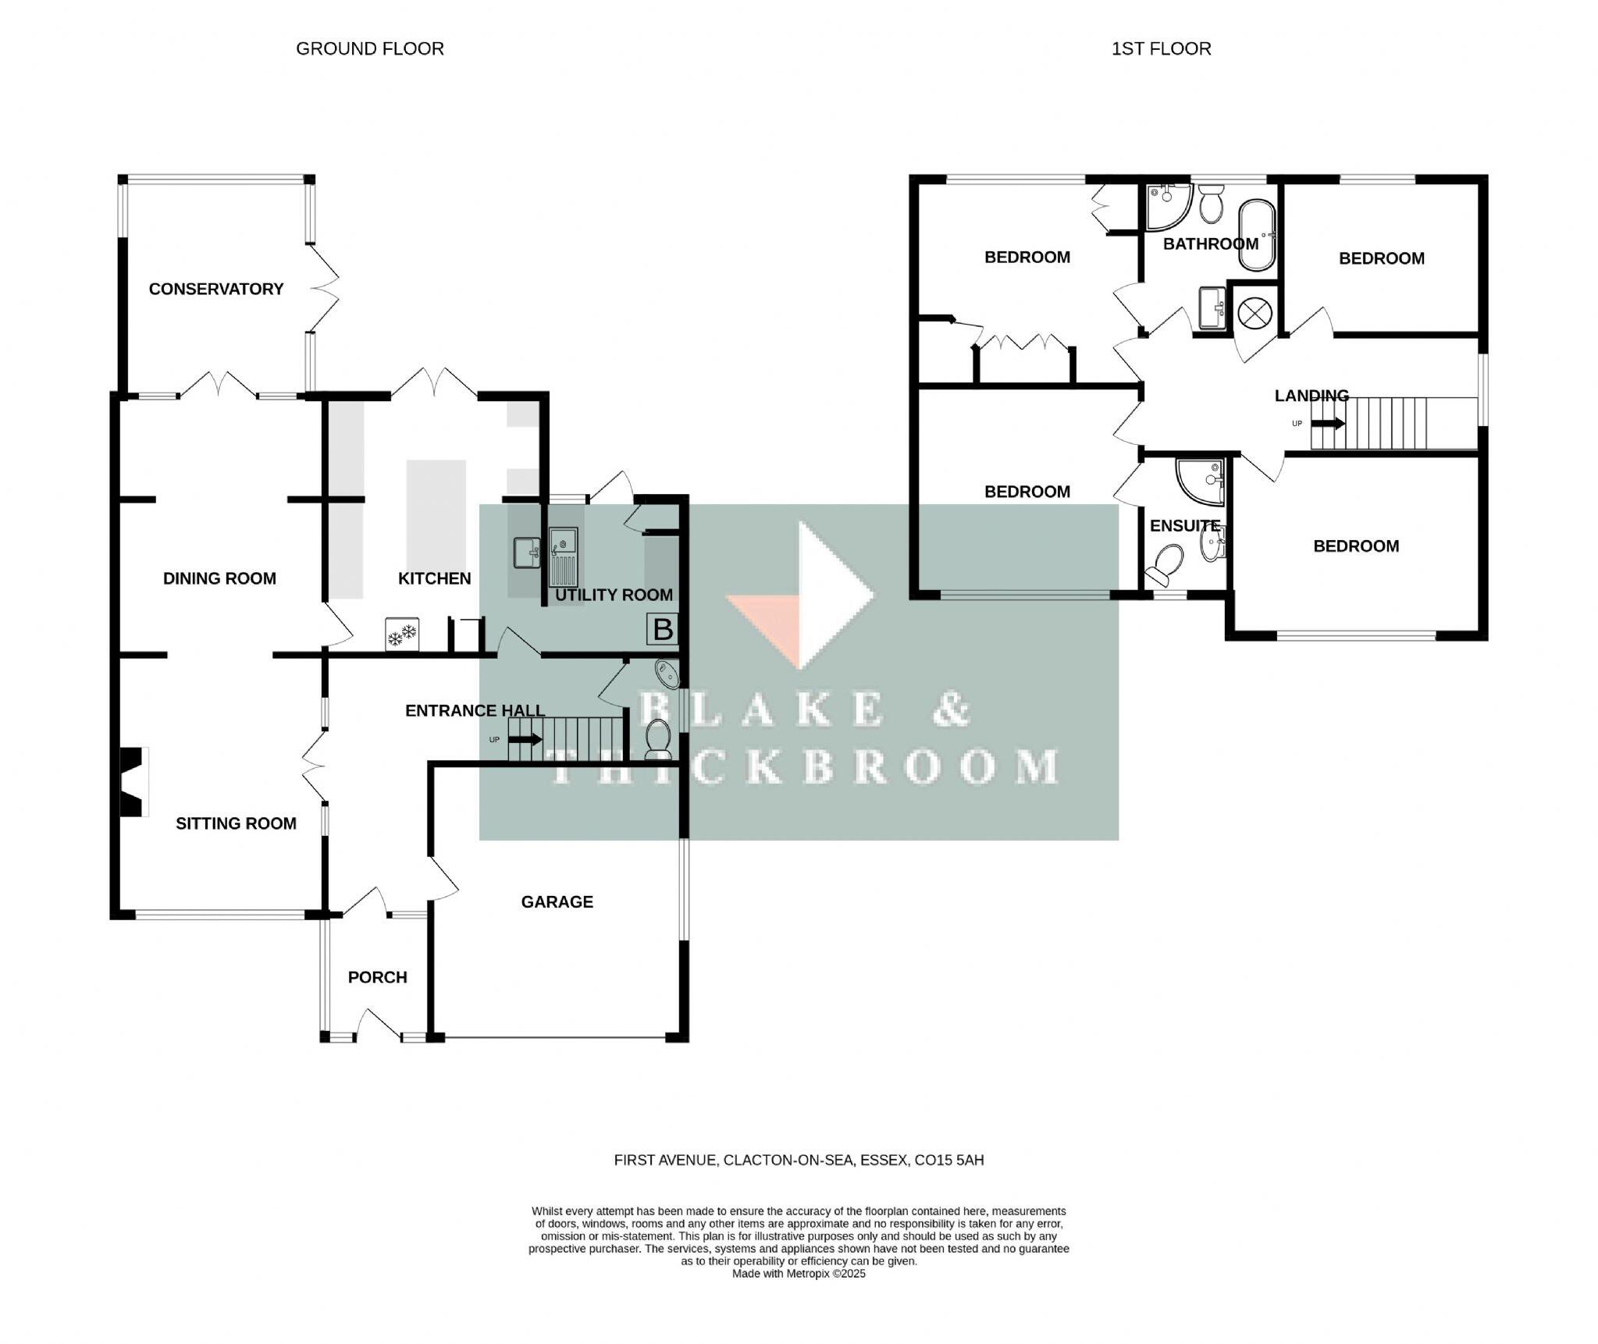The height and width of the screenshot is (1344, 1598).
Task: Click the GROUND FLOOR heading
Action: pyautogui.click(x=369, y=48)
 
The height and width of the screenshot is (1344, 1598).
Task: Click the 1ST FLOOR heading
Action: pyautogui.click(x=1161, y=48)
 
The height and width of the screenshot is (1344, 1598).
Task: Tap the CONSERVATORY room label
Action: pyautogui.click(x=216, y=289)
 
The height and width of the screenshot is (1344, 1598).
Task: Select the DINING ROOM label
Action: pyautogui.click(x=219, y=578)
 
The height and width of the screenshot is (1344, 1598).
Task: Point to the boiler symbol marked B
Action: pyautogui.click(x=663, y=629)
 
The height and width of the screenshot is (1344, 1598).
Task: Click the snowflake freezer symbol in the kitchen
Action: pyautogui.click(x=402, y=635)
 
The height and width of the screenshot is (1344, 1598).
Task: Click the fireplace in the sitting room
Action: pyautogui.click(x=133, y=782)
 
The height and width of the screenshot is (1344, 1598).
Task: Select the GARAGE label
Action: pyautogui.click(x=557, y=901)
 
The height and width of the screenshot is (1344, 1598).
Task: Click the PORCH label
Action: pyautogui.click(x=377, y=977)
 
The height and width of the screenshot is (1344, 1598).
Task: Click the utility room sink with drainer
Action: pyautogui.click(x=563, y=556)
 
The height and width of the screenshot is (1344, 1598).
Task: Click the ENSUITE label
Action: pyautogui.click(x=1184, y=526)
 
